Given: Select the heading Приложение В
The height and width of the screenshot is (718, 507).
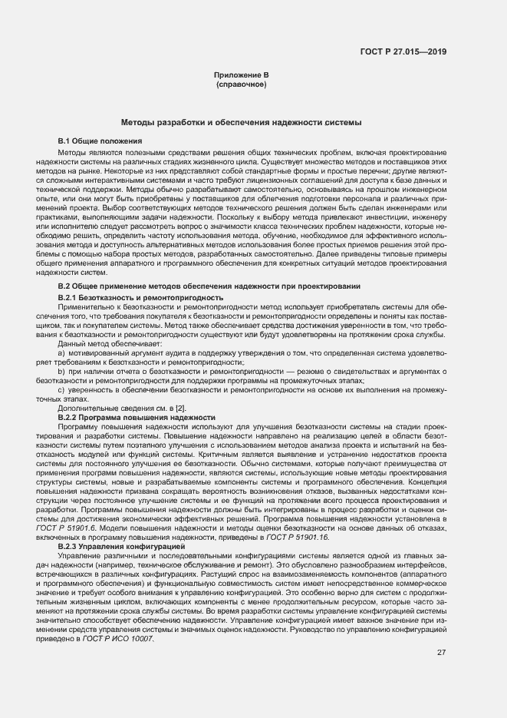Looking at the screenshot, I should [x=242, y=74].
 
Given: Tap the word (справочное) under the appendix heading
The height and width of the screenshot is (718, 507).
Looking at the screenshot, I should [x=242, y=84].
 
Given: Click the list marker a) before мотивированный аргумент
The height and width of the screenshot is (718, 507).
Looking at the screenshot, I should [x=62, y=352].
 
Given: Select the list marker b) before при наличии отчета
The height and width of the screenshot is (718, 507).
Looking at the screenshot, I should [x=62, y=371].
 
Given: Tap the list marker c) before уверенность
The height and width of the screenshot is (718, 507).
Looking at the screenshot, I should [x=62, y=389].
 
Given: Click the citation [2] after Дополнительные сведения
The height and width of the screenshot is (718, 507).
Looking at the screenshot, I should [x=179, y=408].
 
